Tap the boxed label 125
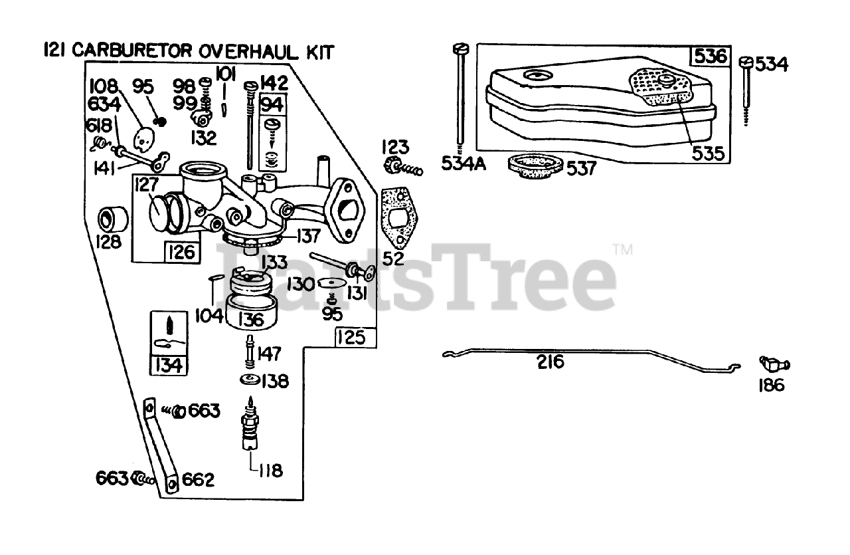[x=351, y=338]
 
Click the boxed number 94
[x=272, y=104]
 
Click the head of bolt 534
[x=744, y=62]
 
